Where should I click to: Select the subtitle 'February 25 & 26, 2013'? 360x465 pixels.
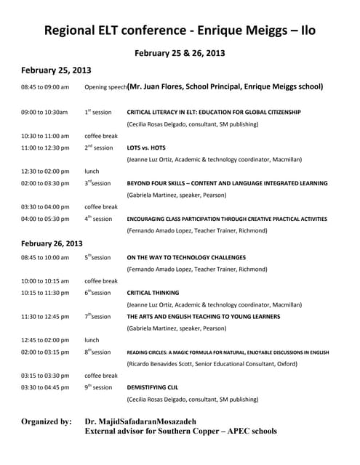[180, 53]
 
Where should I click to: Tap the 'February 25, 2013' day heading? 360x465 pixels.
[56, 70]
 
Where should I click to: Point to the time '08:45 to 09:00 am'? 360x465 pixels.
[45, 87]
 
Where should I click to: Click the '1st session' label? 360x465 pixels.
[98, 113]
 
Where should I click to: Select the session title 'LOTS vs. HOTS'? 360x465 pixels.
[146, 147]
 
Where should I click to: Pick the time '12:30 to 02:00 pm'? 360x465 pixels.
[45, 171]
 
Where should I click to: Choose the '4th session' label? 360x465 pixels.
[98, 219]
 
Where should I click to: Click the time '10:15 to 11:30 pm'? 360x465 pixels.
[45, 293]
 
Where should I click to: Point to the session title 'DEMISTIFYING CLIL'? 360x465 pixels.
[152, 387]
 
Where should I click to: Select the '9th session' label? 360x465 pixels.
[98, 387]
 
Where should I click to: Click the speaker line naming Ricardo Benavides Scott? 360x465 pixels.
[212, 363]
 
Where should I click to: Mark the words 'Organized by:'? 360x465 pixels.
[47, 421]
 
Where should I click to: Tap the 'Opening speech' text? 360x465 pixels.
[105, 87]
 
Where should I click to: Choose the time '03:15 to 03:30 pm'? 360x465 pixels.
[45, 376]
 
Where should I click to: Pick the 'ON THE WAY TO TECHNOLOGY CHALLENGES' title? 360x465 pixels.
[186, 257]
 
